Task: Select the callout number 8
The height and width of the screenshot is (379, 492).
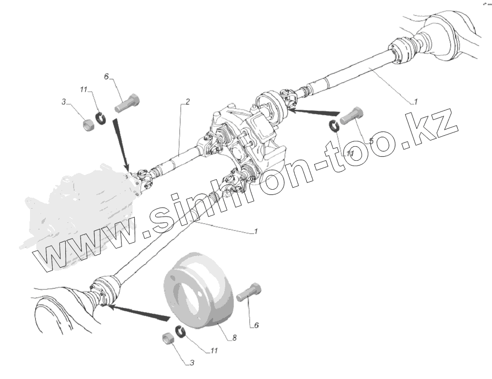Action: coord(235,338)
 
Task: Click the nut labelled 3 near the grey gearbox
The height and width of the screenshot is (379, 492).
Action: coord(89,124)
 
